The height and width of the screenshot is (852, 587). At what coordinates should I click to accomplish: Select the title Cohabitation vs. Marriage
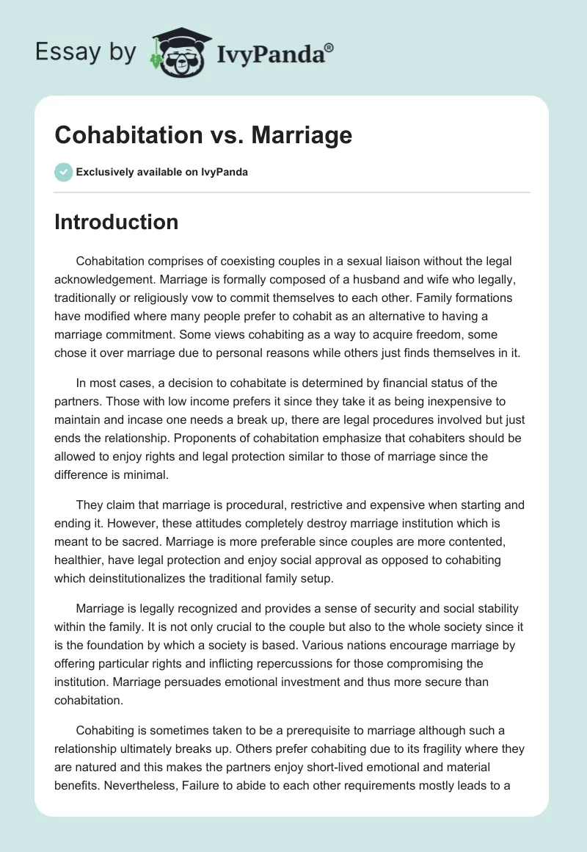click(x=203, y=135)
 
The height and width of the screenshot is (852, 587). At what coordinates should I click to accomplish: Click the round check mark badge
click(x=63, y=172)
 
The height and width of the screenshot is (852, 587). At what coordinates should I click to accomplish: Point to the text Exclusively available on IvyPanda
click(x=162, y=172)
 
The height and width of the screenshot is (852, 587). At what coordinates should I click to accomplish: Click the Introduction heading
click(x=116, y=222)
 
